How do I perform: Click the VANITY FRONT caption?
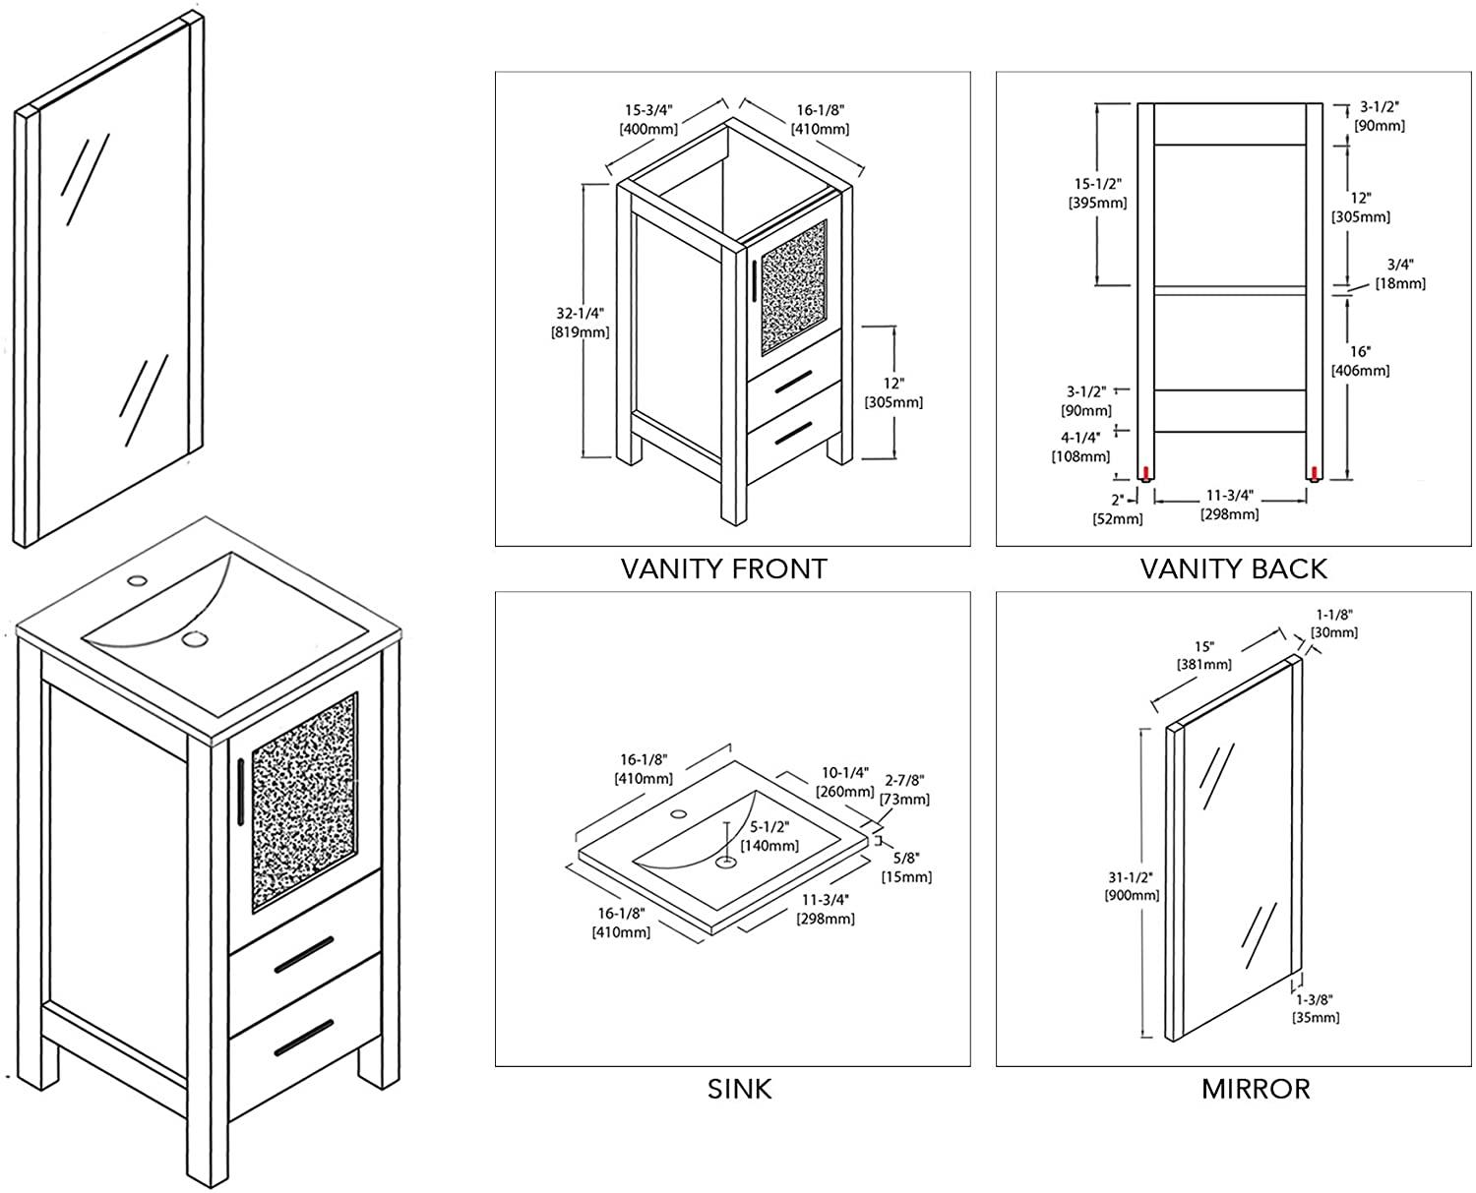[x=723, y=568]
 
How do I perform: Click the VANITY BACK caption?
[x=1233, y=568]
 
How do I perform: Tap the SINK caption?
[x=739, y=1089]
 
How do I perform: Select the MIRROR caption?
[x=1255, y=1089]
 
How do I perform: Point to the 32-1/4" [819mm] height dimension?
[x=580, y=323]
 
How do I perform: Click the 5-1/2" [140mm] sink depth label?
[x=770, y=837]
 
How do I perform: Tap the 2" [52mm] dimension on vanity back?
[x=1118, y=509]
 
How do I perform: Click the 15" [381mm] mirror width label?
[x=1204, y=655]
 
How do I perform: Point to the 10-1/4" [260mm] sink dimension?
[x=845, y=782]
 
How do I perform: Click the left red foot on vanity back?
[x=1144, y=473]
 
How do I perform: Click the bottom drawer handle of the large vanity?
[x=303, y=1037]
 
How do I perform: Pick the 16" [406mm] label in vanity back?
[x=1360, y=361]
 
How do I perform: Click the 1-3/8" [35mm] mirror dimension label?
[x=1315, y=1008]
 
